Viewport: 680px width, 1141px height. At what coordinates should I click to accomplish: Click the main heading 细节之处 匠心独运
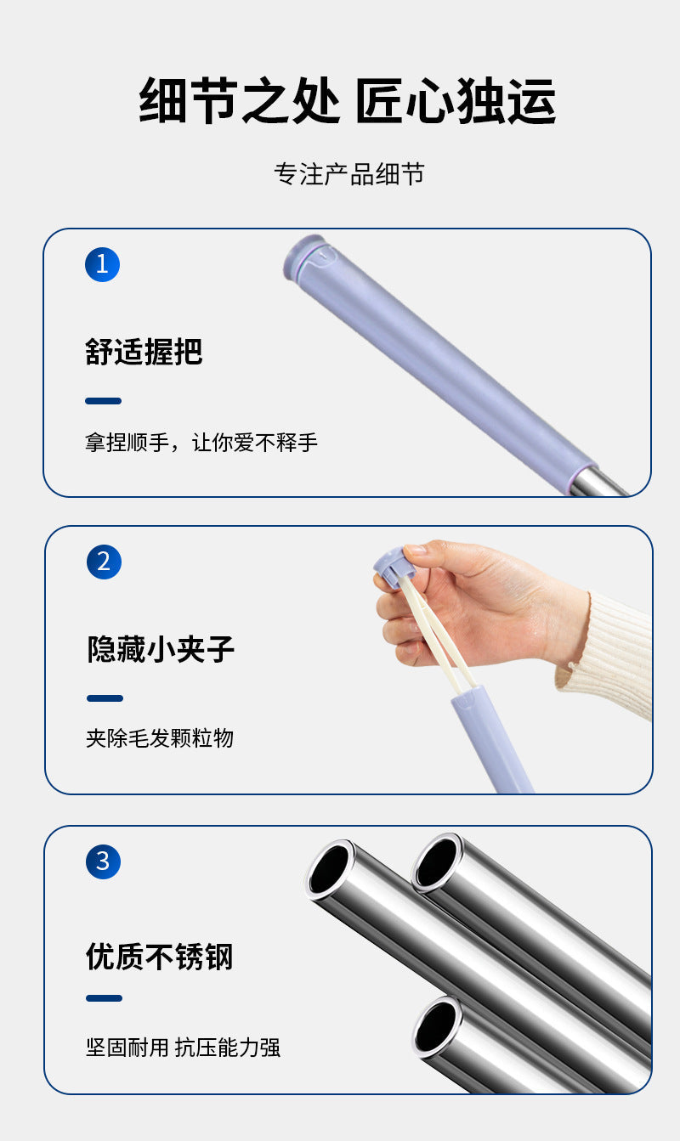[347, 101]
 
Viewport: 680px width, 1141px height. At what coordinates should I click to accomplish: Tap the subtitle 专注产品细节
[348, 174]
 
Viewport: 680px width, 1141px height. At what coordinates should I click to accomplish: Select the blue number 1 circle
[102, 264]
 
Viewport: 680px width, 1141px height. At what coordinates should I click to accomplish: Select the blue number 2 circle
[104, 562]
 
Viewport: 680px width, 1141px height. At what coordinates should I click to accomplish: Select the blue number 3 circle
[103, 862]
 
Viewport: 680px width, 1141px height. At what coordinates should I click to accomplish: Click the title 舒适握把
[144, 351]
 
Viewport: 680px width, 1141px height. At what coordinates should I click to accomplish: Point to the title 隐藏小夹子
[161, 649]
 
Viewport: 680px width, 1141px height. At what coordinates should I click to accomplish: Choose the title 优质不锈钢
[159, 957]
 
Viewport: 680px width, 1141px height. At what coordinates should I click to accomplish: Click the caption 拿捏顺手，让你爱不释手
[201, 443]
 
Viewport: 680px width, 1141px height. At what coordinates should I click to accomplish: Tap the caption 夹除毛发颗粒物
[159, 738]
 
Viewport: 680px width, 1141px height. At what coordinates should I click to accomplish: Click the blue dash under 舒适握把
[103, 401]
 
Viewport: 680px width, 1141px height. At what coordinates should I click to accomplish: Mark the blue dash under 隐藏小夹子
[105, 698]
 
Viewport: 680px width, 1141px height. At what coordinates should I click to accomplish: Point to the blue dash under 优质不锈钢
[104, 998]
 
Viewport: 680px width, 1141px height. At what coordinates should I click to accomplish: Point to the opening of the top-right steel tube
[437, 861]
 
